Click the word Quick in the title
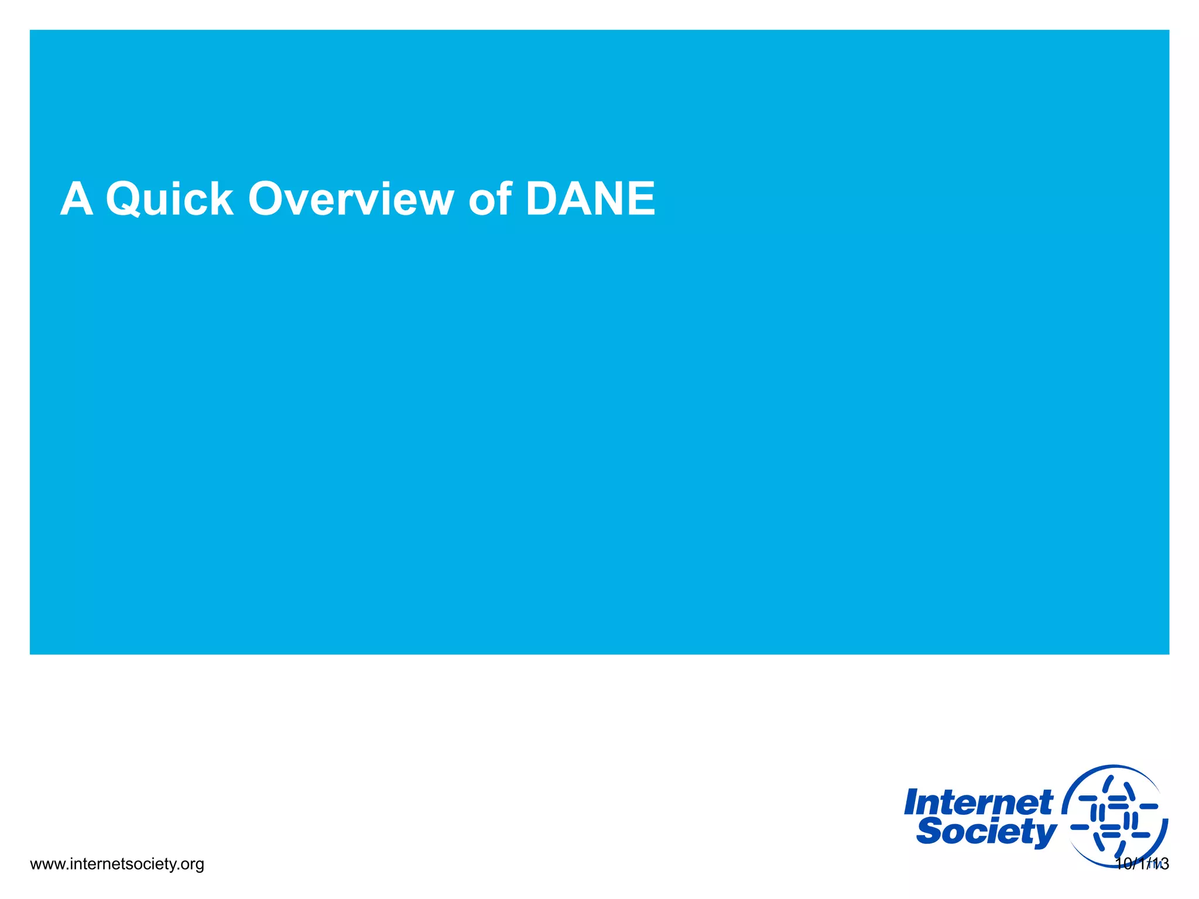(x=170, y=199)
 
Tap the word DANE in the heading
(x=590, y=199)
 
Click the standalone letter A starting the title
(x=77, y=199)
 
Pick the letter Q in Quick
(x=124, y=200)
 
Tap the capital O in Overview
(x=266, y=199)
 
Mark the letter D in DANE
(x=543, y=199)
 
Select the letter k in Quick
(x=220, y=199)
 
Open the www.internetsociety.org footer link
(x=117, y=864)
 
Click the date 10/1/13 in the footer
(x=1142, y=864)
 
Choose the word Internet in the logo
(x=978, y=802)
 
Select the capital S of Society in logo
(x=929, y=831)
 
